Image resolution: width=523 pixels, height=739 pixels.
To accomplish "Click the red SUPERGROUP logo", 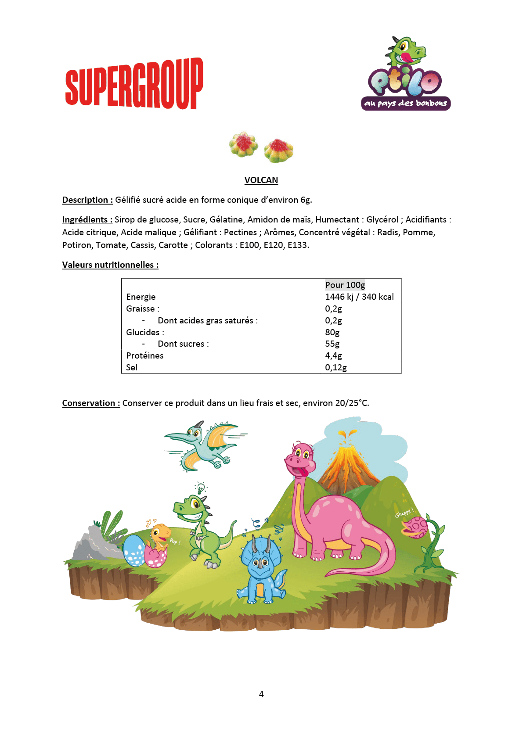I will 134,83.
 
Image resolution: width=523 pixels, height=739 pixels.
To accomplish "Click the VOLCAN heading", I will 261,180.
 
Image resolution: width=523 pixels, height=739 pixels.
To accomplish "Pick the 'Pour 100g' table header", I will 345,285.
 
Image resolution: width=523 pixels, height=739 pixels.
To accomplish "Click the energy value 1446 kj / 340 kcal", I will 359,297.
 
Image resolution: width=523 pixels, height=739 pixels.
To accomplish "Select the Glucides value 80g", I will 332,332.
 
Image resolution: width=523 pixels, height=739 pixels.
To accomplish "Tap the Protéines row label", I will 145,355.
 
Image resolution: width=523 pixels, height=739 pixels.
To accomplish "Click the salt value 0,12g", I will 336,367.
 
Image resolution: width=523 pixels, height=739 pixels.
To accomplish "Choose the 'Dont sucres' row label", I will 183,344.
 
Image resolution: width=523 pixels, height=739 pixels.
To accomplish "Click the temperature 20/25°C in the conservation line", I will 352,403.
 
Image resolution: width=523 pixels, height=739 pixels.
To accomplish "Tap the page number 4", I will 261,694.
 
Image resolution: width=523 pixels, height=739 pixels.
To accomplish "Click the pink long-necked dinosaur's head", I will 301,459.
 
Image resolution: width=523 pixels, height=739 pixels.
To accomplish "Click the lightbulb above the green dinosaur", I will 201,487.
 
